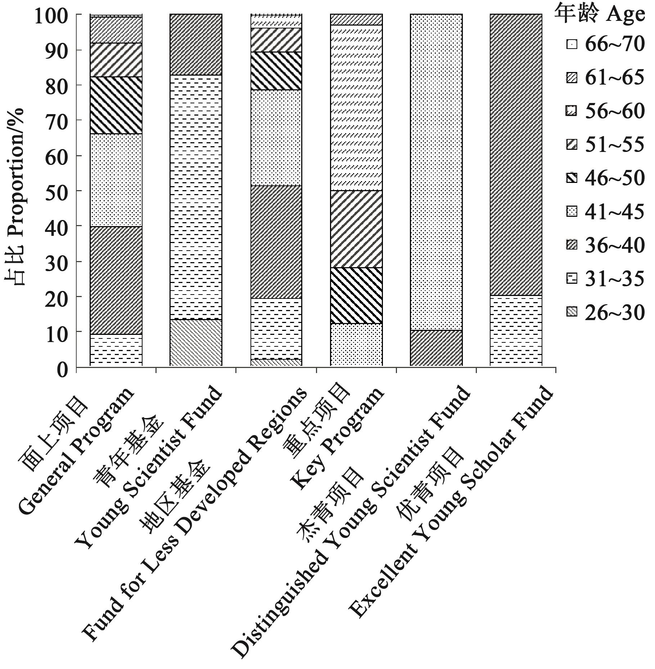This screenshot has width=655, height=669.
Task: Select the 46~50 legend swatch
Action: pyautogui.click(x=572, y=179)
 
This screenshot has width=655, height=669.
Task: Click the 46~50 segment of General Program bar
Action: pyautogui.click(x=116, y=105)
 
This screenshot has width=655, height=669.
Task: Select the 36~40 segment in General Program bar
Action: pyautogui.click(x=116, y=280)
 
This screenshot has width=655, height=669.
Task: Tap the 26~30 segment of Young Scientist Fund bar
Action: pyautogui.click(x=196, y=342)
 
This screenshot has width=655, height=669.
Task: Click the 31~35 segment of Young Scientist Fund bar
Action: pyautogui.click(x=196, y=197)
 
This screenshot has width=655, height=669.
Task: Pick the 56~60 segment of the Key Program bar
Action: pyautogui.click(x=356, y=107)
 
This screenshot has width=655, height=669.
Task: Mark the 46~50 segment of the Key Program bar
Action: pyautogui.click(x=356, y=295)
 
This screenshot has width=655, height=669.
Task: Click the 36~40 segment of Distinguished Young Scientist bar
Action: pyautogui.click(x=436, y=348)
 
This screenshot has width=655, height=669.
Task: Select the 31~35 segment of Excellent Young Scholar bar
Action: pyautogui.click(x=516, y=331)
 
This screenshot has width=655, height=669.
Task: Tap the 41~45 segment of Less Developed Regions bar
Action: pyautogui.click(x=276, y=138)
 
